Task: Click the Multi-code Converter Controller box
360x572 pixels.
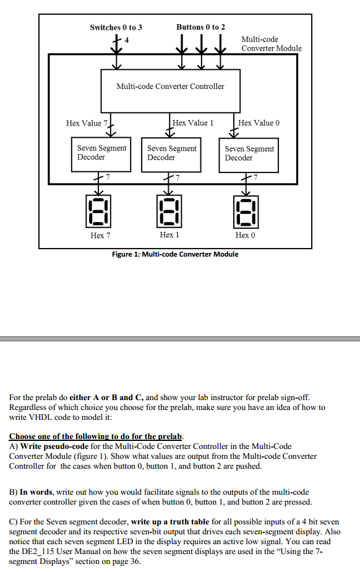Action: [x=170, y=86]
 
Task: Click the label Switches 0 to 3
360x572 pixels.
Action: [x=116, y=27]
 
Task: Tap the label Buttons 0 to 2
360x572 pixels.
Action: [x=200, y=27]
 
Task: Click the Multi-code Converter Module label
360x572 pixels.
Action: [x=271, y=43]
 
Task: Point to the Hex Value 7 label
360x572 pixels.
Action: [x=87, y=123]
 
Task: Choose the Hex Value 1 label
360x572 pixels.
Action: [x=193, y=123]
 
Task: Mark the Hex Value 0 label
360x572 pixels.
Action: [x=259, y=123]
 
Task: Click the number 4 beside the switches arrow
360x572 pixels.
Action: [x=127, y=41]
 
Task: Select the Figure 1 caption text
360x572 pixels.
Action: [x=174, y=254]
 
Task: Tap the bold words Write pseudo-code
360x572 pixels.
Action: [x=51, y=446]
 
